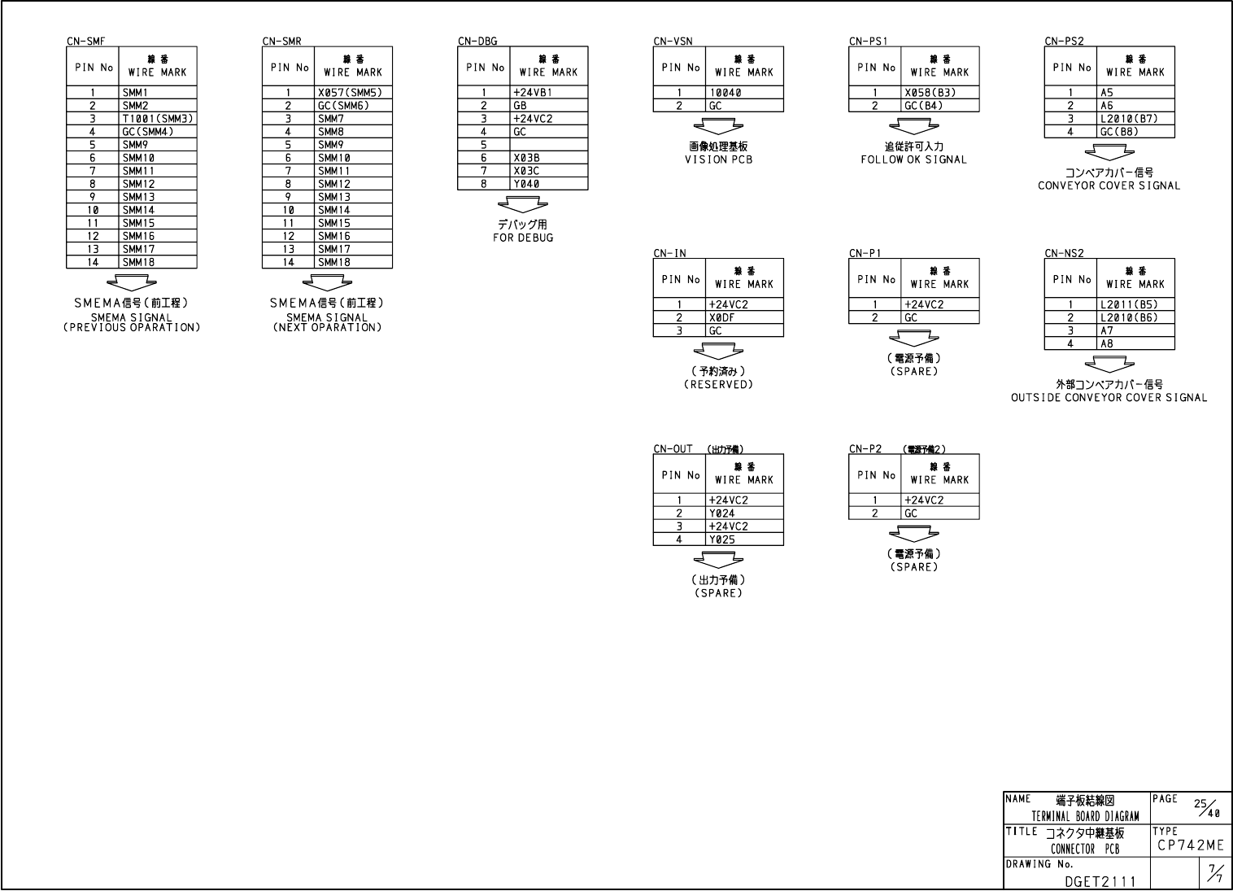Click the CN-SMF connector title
point(85,41)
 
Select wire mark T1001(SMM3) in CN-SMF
point(158,119)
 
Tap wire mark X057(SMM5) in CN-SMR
point(350,93)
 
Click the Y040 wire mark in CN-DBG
point(526,184)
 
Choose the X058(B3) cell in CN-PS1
point(930,93)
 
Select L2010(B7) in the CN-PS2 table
point(1128,119)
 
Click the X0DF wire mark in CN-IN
point(721,318)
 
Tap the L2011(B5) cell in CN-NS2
point(1128,305)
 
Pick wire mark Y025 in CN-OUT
point(721,539)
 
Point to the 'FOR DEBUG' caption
point(523,238)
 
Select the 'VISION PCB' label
point(718,159)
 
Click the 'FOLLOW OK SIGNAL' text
point(914,159)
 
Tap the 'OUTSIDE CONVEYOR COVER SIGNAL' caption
point(1109,398)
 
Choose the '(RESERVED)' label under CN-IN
point(718,384)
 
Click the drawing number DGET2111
point(1096,880)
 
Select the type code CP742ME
point(1191,845)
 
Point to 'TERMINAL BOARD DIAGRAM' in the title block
point(1085,816)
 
